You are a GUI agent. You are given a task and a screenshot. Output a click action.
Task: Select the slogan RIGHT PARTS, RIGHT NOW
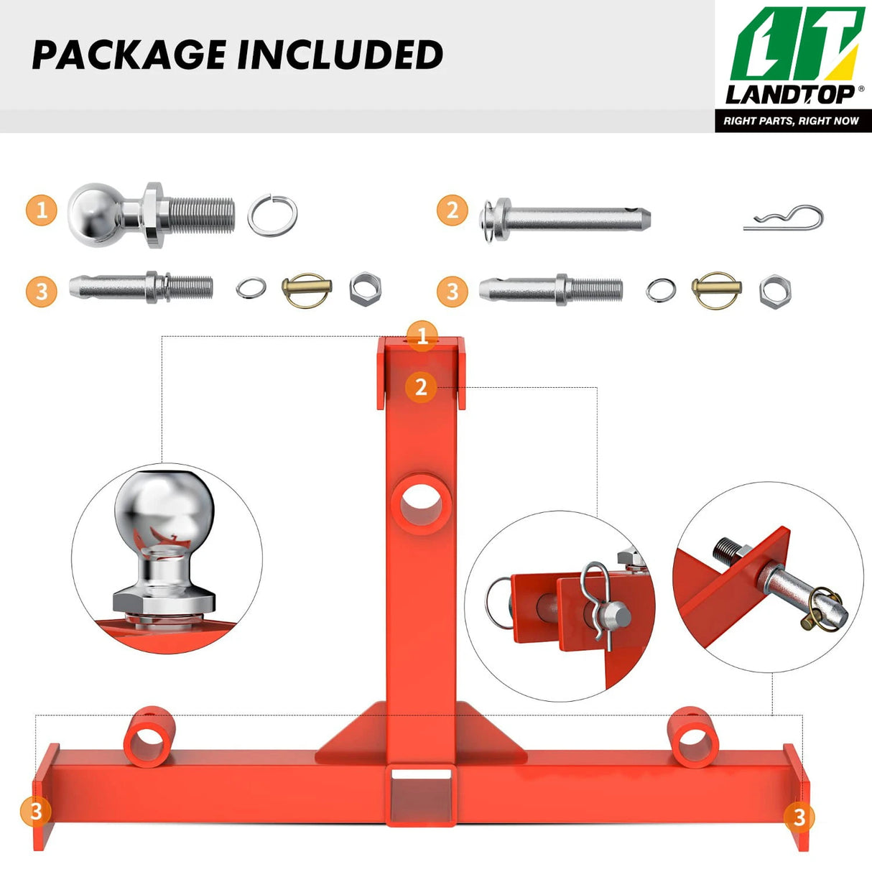(791, 121)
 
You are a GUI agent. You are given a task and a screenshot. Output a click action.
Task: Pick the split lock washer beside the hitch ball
(272, 215)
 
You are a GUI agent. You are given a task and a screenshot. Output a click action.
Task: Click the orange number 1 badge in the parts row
(42, 210)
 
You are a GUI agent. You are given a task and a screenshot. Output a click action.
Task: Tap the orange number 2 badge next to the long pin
(453, 210)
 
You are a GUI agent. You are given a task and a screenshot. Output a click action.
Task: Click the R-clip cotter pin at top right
(784, 218)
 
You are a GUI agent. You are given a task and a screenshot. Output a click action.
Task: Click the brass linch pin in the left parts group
(307, 290)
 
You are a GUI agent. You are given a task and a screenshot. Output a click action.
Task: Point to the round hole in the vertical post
(421, 503)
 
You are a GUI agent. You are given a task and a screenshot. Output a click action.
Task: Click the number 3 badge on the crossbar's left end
(36, 812)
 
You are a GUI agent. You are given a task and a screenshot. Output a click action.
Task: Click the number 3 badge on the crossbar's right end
(799, 816)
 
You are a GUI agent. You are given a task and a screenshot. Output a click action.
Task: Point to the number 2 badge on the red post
(421, 387)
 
